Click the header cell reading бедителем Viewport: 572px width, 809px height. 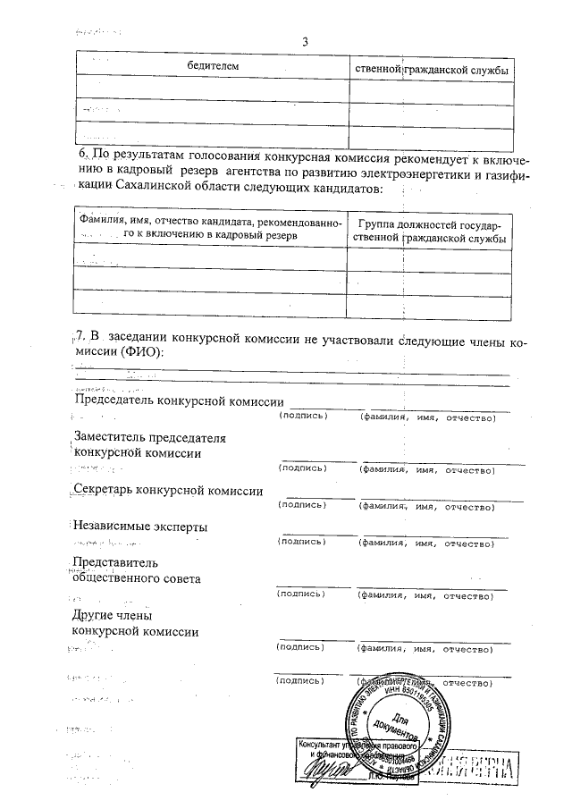coord(213,67)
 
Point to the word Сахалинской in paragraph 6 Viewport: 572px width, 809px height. coord(168,189)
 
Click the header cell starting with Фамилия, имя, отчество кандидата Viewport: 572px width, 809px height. coord(207,228)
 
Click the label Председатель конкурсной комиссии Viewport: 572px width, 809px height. coord(177,401)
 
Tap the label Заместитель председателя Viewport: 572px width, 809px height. coord(148,437)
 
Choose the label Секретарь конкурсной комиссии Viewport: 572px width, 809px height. coord(167,491)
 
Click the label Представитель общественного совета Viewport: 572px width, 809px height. coord(136,570)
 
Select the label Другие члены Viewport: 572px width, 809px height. coord(112,616)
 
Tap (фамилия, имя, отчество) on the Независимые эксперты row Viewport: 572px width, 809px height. coord(425,543)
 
